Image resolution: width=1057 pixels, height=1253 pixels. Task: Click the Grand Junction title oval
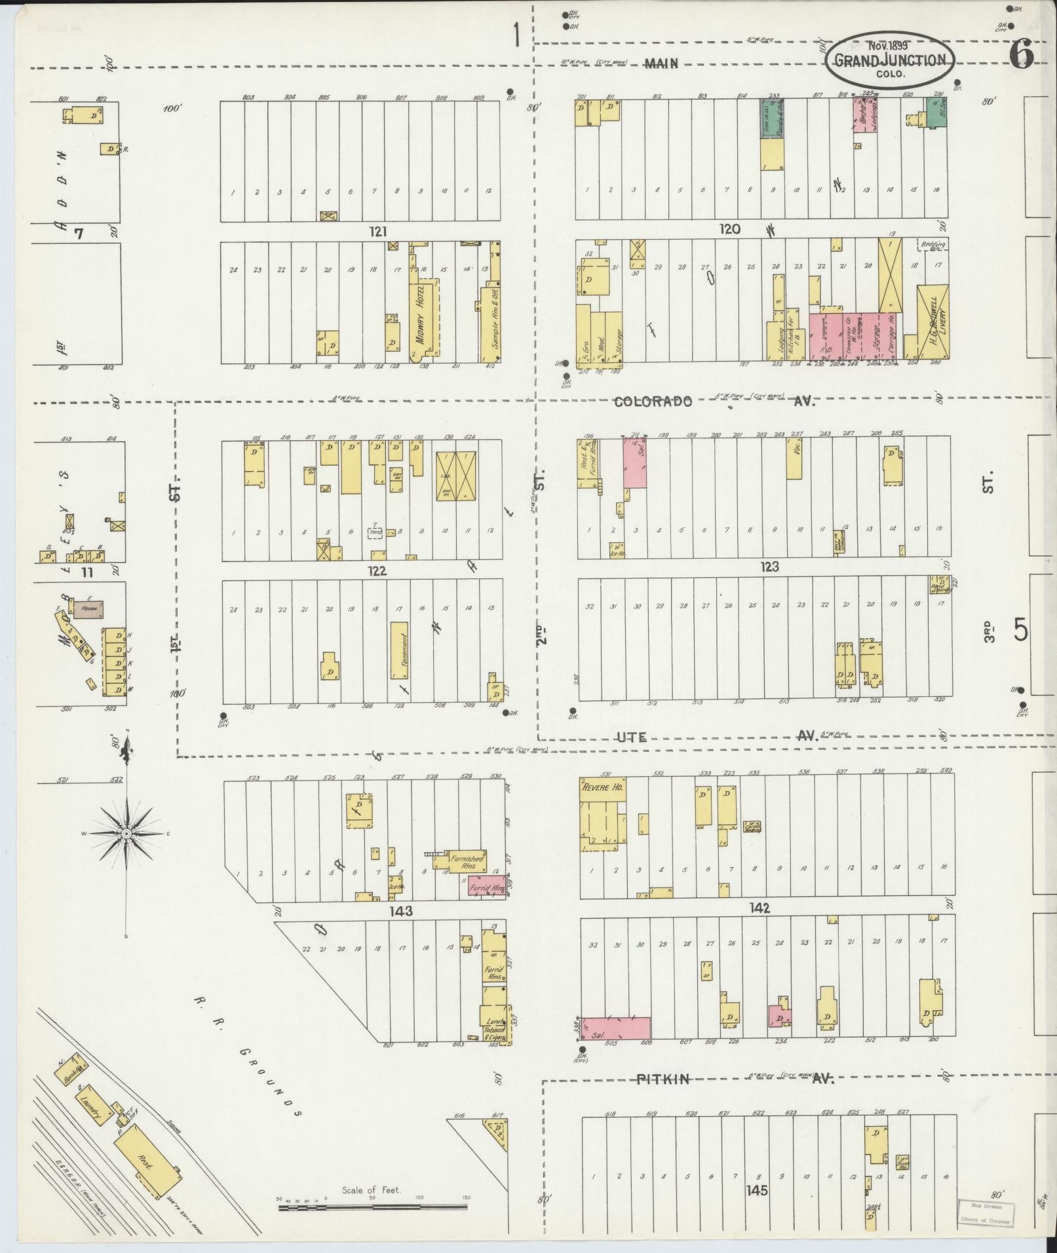click(889, 60)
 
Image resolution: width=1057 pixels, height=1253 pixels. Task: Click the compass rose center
click(126, 833)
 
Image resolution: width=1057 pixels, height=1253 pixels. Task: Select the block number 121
click(378, 231)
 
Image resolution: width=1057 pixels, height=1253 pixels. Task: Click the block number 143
click(400, 910)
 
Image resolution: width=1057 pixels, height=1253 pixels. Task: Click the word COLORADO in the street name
click(653, 402)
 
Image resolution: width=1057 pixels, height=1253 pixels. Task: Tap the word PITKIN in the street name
click(663, 1079)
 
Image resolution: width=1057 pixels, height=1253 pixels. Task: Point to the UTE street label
click(632, 738)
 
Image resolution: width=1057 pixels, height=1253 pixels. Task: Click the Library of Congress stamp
click(986, 1213)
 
